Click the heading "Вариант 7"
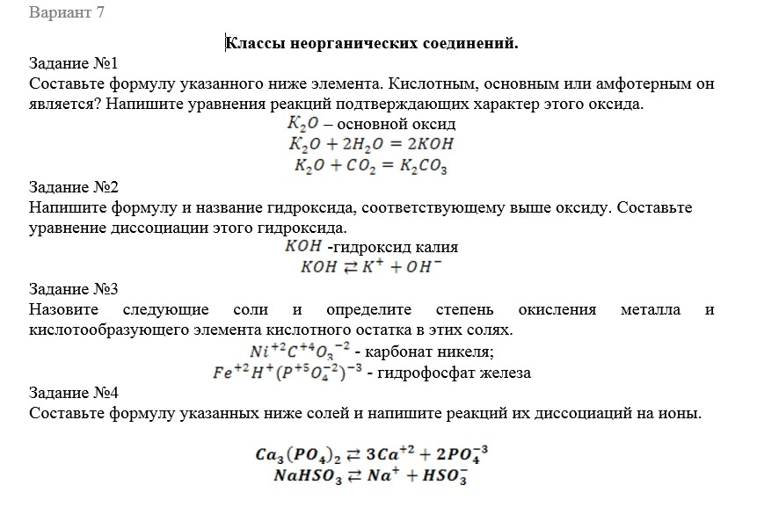click(x=66, y=14)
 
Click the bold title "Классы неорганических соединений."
click(x=372, y=42)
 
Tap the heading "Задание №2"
click(x=73, y=187)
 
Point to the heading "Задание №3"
click(x=73, y=289)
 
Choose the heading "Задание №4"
click(x=73, y=392)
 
